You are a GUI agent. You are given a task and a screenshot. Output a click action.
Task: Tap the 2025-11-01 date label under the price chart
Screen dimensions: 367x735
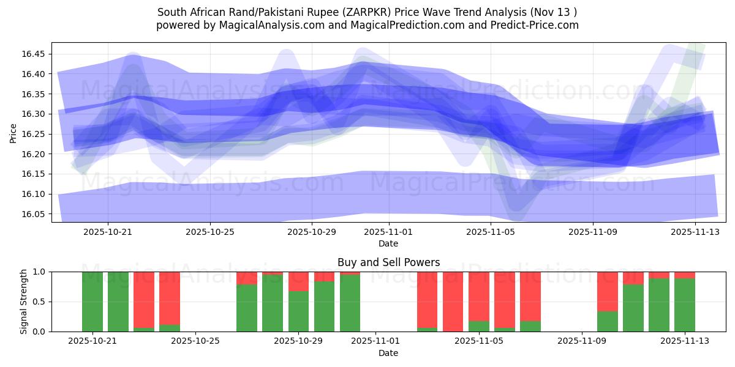[388, 232]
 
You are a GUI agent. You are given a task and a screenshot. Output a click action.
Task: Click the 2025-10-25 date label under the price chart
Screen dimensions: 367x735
[210, 232]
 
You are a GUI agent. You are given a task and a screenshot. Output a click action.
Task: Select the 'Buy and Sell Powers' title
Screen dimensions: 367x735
[388, 262]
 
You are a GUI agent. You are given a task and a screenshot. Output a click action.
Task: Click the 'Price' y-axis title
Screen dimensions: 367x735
[13, 132]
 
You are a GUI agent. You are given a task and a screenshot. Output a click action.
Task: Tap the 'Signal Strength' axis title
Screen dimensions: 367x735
[23, 302]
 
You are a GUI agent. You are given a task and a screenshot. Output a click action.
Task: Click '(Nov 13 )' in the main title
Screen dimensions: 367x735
[554, 12]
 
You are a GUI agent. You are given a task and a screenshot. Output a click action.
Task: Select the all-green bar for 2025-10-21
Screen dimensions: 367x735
[92, 302]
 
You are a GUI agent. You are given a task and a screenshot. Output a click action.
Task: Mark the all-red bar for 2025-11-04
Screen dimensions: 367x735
[453, 302]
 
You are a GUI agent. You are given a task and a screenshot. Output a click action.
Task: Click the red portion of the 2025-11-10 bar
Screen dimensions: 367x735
[607, 291]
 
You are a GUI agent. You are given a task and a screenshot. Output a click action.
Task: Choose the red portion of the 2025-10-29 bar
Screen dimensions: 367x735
[298, 281]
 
